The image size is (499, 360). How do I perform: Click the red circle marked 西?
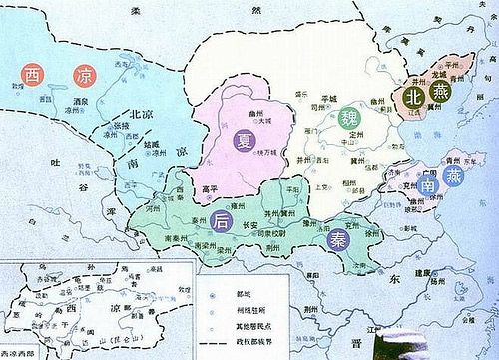tap(32, 74)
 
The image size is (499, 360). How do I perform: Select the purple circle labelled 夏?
tap(244, 142)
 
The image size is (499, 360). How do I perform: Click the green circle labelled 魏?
tap(348, 118)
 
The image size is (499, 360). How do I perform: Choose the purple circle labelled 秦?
tap(332, 238)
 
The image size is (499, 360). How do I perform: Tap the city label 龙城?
tap(436, 73)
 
